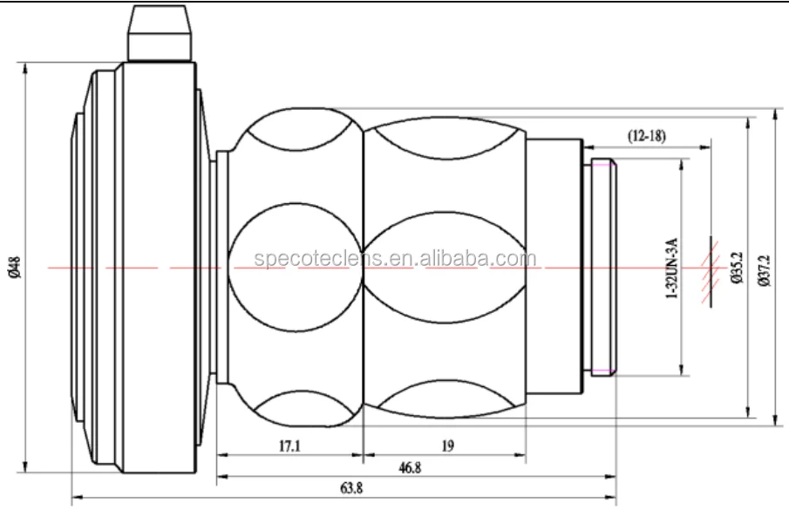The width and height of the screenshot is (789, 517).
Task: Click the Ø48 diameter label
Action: [x=15, y=268]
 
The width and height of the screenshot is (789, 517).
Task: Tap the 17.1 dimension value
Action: [x=289, y=446]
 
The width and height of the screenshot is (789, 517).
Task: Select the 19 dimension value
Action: [x=447, y=446]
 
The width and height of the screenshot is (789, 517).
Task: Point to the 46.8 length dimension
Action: [x=410, y=467]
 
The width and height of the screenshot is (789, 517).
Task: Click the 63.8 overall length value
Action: [x=351, y=488]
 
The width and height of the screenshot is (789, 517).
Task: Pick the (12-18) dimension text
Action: [x=647, y=135]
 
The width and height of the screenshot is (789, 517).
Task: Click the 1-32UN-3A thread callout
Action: [x=672, y=268]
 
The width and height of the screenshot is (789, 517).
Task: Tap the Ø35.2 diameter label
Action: [x=737, y=268]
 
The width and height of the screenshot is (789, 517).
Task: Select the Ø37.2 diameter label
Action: [x=764, y=270]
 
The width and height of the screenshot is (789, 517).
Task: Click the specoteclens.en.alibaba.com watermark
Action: [x=395, y=258]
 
